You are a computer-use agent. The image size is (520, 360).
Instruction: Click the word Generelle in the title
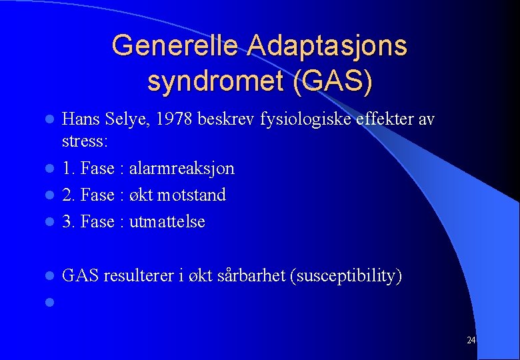pos(175,45)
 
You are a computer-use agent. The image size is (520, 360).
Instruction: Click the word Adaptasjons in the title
pos(327,45)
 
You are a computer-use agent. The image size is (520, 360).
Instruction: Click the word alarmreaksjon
pos(181,169)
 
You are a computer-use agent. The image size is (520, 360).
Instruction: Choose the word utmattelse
pos(167,222)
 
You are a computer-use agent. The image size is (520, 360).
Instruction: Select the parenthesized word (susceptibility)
pos(346,276)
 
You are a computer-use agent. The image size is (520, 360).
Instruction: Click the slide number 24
pos(471,341)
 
